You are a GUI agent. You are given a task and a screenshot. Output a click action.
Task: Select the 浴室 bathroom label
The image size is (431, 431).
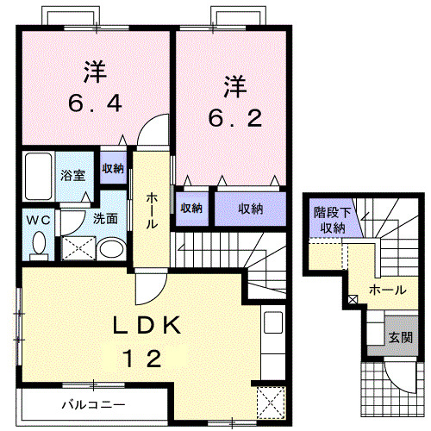[72, 175]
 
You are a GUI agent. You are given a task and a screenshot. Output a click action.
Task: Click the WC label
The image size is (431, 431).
[37, 219]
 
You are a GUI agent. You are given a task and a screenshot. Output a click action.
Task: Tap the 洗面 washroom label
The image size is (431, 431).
[106, 219]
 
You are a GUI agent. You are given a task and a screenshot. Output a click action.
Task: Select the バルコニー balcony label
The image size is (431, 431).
[93, 403]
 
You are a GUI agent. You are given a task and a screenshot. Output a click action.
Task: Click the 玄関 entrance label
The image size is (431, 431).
[399, 337]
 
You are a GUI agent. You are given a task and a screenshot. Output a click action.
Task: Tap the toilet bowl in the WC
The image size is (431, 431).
[38, 247]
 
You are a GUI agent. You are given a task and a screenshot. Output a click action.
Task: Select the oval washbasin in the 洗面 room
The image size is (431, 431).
[109, 250]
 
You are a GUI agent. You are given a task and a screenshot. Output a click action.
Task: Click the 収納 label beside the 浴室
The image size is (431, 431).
[113, 169]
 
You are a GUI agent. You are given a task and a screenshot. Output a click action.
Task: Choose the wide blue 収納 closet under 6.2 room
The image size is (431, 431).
[249, 208]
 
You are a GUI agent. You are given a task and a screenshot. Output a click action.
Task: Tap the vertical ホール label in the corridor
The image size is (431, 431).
[152, 210]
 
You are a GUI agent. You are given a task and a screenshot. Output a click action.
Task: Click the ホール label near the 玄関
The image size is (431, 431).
[386, 290]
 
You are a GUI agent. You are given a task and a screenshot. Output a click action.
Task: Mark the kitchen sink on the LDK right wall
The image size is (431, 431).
[273, 326]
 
